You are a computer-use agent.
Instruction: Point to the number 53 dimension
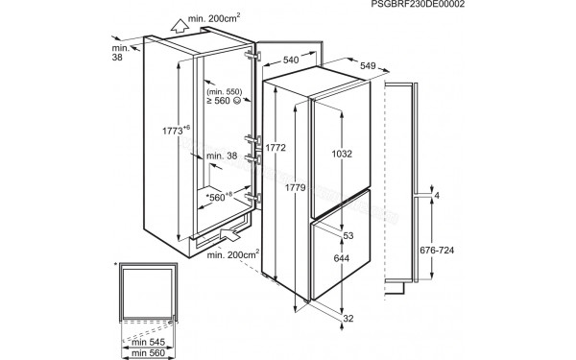tap(348, 235)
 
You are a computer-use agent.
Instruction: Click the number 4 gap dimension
tap(436, 197)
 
